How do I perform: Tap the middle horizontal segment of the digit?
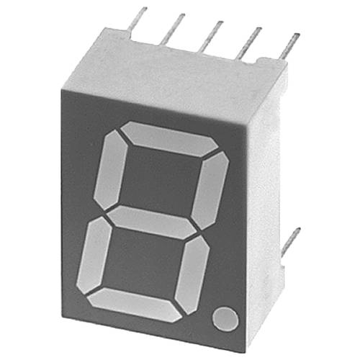click(153, 222)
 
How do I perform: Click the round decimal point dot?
click(225, 318)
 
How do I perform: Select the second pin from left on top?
click(173, 29)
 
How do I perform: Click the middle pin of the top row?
click(211, 36)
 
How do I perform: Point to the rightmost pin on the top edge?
click(290, 48)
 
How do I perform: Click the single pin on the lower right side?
click(291, 241)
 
